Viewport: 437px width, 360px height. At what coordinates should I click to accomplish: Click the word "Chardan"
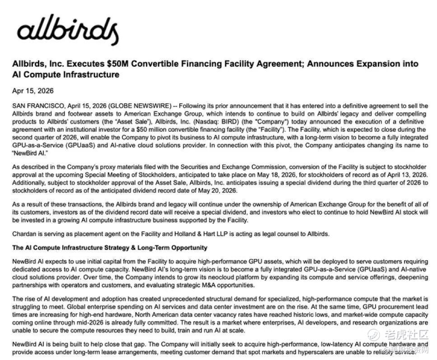click(24, 234)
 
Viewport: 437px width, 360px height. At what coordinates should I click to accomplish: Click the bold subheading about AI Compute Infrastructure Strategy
click(110, 248)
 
